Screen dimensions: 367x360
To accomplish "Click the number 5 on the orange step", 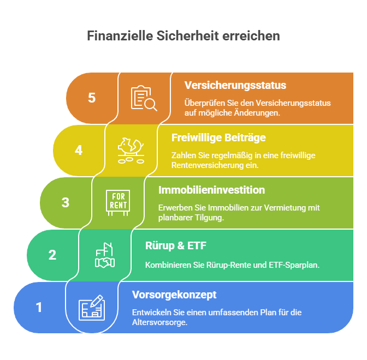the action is coord(92,98).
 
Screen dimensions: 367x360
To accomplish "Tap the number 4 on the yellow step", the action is coord(79,150).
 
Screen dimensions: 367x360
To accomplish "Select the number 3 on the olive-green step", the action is coord(66,202).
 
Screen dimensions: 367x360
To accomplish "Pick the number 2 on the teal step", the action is coord(52,255).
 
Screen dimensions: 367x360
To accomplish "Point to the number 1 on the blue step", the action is coord(39,307).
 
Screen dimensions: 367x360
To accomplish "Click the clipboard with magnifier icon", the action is coord(144,98).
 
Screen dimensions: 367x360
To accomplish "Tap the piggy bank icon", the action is coord(131,151).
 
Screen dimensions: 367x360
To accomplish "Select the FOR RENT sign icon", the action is coord(118,203).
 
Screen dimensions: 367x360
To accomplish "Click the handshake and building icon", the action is coord(105,255).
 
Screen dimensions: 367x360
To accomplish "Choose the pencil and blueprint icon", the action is coord(92,308).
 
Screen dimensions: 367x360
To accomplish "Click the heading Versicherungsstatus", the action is coord(235,85).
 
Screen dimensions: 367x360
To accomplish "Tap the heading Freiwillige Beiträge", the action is coord(218,137).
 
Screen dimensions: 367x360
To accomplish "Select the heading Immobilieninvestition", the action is coord(211,190).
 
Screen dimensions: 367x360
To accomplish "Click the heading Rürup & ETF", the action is coord(176,245).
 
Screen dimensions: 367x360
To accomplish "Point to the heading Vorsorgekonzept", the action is coord(174,295).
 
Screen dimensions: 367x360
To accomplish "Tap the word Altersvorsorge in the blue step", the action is coord(160,322).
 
